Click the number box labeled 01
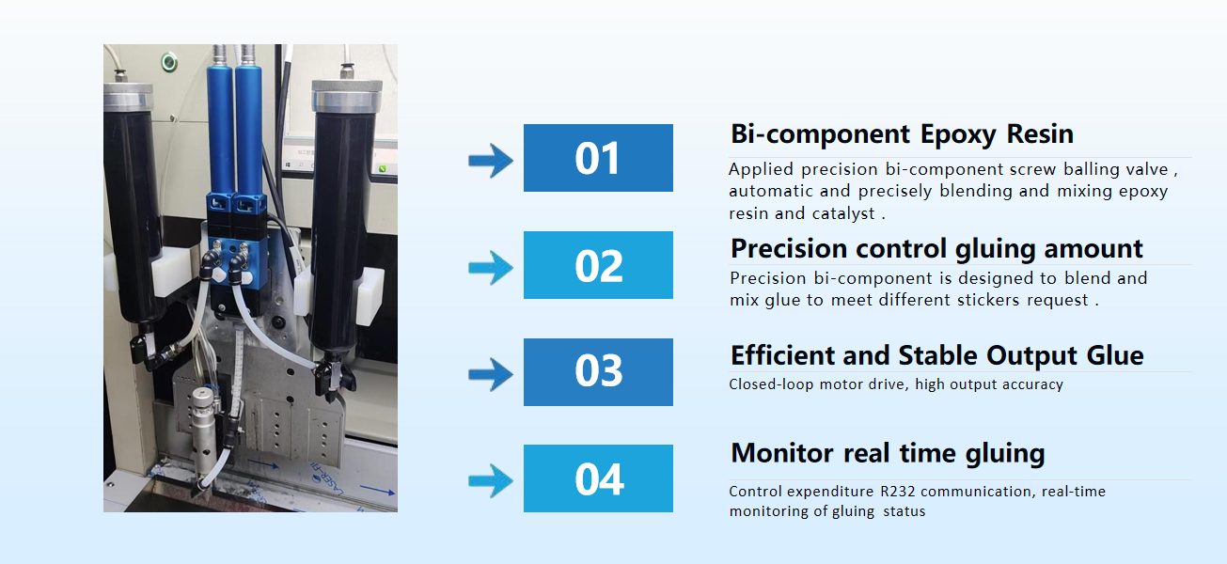click(x=598, y=158)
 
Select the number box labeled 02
click(x=598, y=265)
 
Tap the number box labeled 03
click(x=598, y=372)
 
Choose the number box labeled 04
click(x=598, y=478)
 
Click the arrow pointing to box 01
click(x=491, y=161)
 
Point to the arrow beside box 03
click(x=491, y=374)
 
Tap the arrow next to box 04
click(x=491, y=481)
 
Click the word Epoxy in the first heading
click(x=958, y=135)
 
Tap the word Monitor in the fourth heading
click(x=782, y=453)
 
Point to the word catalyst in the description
click(x=843, y=213)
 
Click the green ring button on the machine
click(x=169, y=62)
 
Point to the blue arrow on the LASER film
click(x=377, y=489)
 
